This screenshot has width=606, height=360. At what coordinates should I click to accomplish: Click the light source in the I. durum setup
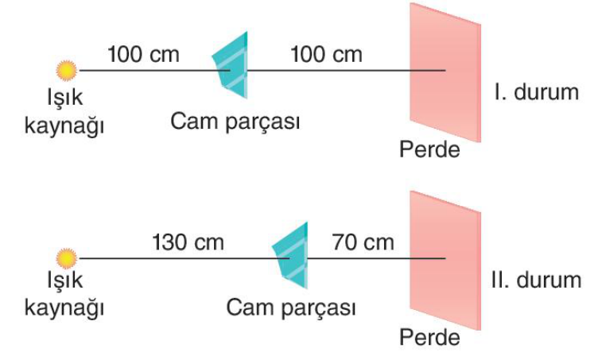coord(67,71)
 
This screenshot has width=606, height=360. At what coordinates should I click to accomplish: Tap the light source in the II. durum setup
coord(67,258)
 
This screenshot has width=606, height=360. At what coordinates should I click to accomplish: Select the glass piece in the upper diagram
coord(231,65)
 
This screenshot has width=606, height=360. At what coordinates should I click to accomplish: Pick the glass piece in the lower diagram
coord(290,255)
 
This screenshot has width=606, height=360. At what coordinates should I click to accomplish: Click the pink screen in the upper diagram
coord(445,72)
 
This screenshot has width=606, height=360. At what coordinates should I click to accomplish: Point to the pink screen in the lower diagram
coord(445,261)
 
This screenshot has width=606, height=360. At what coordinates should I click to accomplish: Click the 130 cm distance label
coord(188,242)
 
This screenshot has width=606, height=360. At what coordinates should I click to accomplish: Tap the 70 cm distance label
coord(363,242)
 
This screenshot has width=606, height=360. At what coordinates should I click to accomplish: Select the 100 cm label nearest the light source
coord(143,55)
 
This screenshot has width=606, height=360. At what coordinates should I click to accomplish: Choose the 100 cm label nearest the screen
coord(327,55)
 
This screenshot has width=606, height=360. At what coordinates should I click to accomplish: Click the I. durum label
coord(537,92)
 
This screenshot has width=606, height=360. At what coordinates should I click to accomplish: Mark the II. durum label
coord(537,280)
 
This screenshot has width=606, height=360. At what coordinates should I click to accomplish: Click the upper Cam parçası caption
coord(235,122)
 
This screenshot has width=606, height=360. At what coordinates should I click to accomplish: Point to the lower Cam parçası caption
coord(290,308)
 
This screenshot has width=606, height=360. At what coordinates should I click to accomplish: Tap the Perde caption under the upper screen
coord(429,149)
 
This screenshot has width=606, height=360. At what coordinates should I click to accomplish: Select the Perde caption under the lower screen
coord(429,337)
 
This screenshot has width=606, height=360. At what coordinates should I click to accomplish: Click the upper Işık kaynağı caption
coord(64,112)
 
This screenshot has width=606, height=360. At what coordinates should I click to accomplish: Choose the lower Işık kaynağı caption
coord(64,295)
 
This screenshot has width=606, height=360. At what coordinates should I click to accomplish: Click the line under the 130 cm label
coord(184,258)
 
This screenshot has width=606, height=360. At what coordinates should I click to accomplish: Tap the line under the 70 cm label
coord(376,258)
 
